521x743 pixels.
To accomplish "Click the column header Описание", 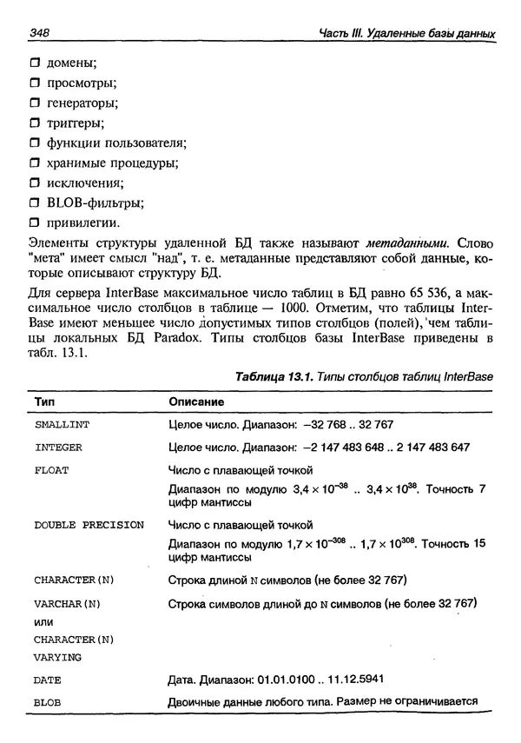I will (195, 402).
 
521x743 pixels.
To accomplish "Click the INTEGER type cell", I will (58, 448).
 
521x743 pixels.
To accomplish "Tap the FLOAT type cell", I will (51, 470).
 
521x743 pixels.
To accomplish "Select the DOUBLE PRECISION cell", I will (89, 526).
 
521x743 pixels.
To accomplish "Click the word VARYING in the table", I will (57, 657).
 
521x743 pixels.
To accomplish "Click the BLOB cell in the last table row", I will (47, 702).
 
